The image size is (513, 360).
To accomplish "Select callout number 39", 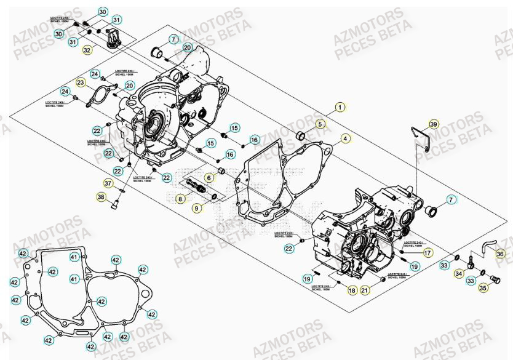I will tap(434, 125).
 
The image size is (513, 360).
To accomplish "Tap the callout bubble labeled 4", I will tap(346, 138).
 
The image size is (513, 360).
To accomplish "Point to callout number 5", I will tap(320, 124).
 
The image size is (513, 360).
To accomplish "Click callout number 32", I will tap(87, 49).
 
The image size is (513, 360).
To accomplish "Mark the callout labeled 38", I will tap(101, 197).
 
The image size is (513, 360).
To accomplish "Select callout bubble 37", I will tap(108, 183).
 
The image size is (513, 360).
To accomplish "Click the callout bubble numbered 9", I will tap(197, 209).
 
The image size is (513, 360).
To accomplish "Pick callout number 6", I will tap(209, 178).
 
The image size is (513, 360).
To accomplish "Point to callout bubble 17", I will tap(427, 252).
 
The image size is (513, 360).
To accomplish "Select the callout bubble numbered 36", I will tap(499, 253).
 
